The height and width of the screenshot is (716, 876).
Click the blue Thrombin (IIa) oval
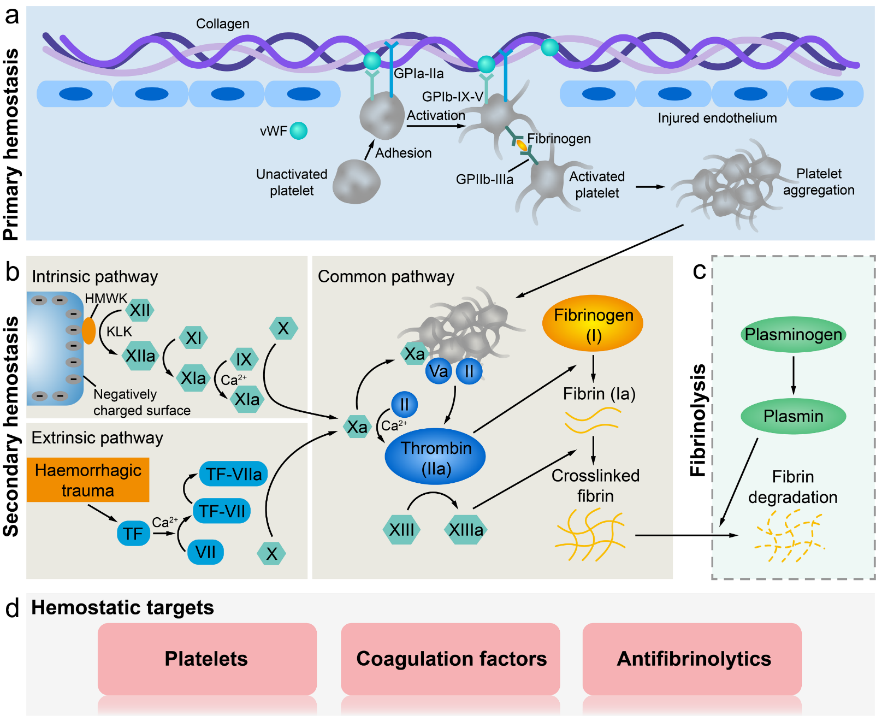tap(435, 457)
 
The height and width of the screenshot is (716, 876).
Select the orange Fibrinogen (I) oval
tap(593, 323)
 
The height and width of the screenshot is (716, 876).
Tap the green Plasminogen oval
tap(793, 334)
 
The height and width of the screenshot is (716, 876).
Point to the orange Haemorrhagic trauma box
tap(88, 480)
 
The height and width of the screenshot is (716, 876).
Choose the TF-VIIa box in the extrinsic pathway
tap(233, 474)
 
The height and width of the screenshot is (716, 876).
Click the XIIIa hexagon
tap(466, 530)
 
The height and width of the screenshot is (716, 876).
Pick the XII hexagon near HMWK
tap(140, 310)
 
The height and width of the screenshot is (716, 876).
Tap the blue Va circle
tap(439, 371)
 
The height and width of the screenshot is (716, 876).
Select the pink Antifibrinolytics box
tap(692, 659)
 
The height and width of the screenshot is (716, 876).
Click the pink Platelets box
tap(208, 659)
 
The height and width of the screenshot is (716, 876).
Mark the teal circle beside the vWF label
tap(299, 131)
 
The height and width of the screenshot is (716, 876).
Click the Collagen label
tap(223, 23)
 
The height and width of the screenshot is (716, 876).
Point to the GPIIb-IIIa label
tap(484, 180)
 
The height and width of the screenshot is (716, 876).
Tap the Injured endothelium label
tap(717, 118)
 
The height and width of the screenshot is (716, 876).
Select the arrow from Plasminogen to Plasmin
tap(794, 375)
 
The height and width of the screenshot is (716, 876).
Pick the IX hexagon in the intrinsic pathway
tap(244, 359)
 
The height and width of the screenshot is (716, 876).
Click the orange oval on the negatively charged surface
tap(89, 331)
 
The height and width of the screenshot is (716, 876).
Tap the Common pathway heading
tap(386, 276)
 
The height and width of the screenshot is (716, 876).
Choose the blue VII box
tap(205, 552)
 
